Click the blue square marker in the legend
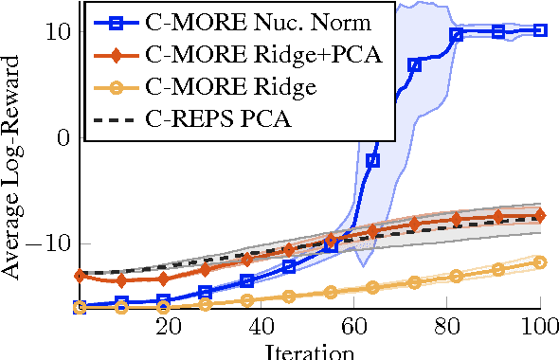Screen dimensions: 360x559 [x=117, y=21]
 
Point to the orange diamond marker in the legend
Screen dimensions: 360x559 [x=117, y=55]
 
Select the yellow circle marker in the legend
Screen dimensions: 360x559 [x=117, y=88]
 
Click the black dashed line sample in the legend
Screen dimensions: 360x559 [x=117, y=121]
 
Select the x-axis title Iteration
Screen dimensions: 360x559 [x=309, y=352]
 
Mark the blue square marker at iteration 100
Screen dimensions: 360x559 [x=540, y=30]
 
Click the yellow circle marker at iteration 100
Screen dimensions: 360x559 [x=540, y=261]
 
